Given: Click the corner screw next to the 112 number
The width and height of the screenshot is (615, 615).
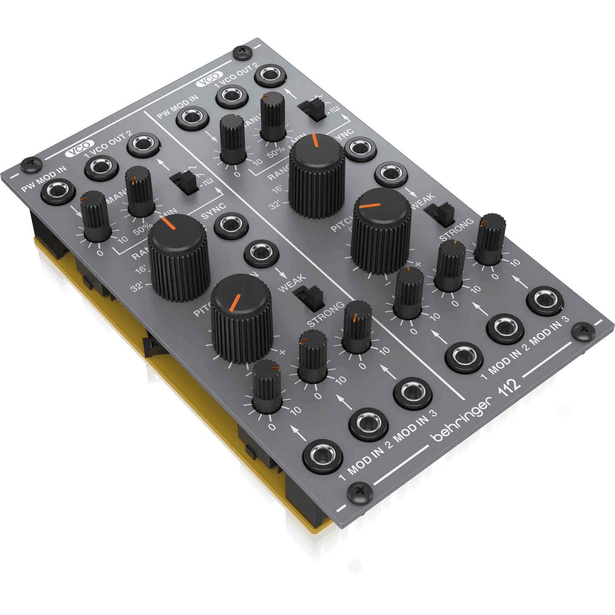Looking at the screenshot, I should coord(583,331).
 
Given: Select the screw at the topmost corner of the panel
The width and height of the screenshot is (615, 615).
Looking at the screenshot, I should coord(243,53).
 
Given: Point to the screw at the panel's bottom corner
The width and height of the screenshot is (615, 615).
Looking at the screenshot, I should coord(360,493).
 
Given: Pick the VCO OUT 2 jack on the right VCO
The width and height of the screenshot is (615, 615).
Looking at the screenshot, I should coord(270,75).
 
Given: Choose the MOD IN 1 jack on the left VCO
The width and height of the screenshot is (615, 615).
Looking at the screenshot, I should coord(323,456).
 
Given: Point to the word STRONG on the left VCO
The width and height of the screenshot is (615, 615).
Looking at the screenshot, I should coord(326,315).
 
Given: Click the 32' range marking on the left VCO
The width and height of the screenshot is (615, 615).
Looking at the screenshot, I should coord(137,287).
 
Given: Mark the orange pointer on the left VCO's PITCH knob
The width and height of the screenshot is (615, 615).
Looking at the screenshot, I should coord(235,302).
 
